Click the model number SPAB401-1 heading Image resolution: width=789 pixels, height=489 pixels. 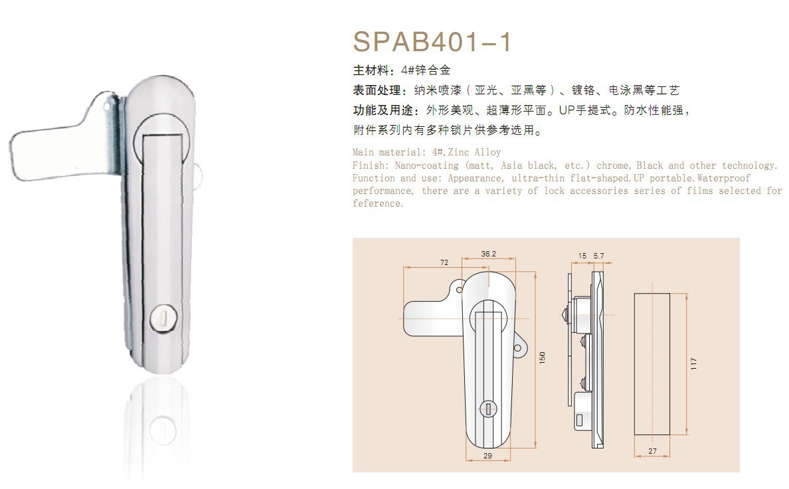point(432,41)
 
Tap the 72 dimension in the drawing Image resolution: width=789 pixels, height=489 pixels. point(444,262)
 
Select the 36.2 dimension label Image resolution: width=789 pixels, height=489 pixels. point(488,254)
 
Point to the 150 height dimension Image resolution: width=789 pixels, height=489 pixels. point(542,357)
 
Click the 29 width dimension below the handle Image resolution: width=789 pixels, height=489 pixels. point(487,456)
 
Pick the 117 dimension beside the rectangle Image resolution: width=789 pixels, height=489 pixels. point(694,363)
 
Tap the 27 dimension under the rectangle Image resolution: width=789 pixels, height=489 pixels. point(653,451)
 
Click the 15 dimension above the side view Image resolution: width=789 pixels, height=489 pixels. point(582,256)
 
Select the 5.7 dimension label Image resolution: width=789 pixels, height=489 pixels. point(598,256)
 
